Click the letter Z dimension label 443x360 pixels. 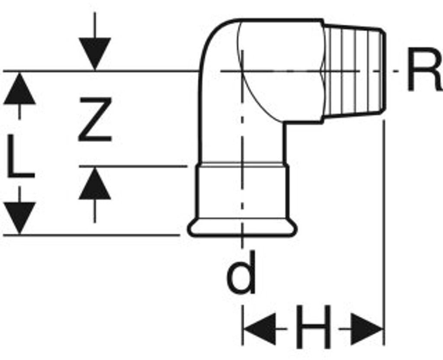(95, 120)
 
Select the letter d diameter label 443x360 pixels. (242, 273)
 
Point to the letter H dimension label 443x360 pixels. (313, 327)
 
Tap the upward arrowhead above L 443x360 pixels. (19, 89)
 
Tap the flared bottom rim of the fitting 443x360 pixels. (242, 227)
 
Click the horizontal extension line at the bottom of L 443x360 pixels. (91, 235)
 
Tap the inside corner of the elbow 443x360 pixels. (285, 124)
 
